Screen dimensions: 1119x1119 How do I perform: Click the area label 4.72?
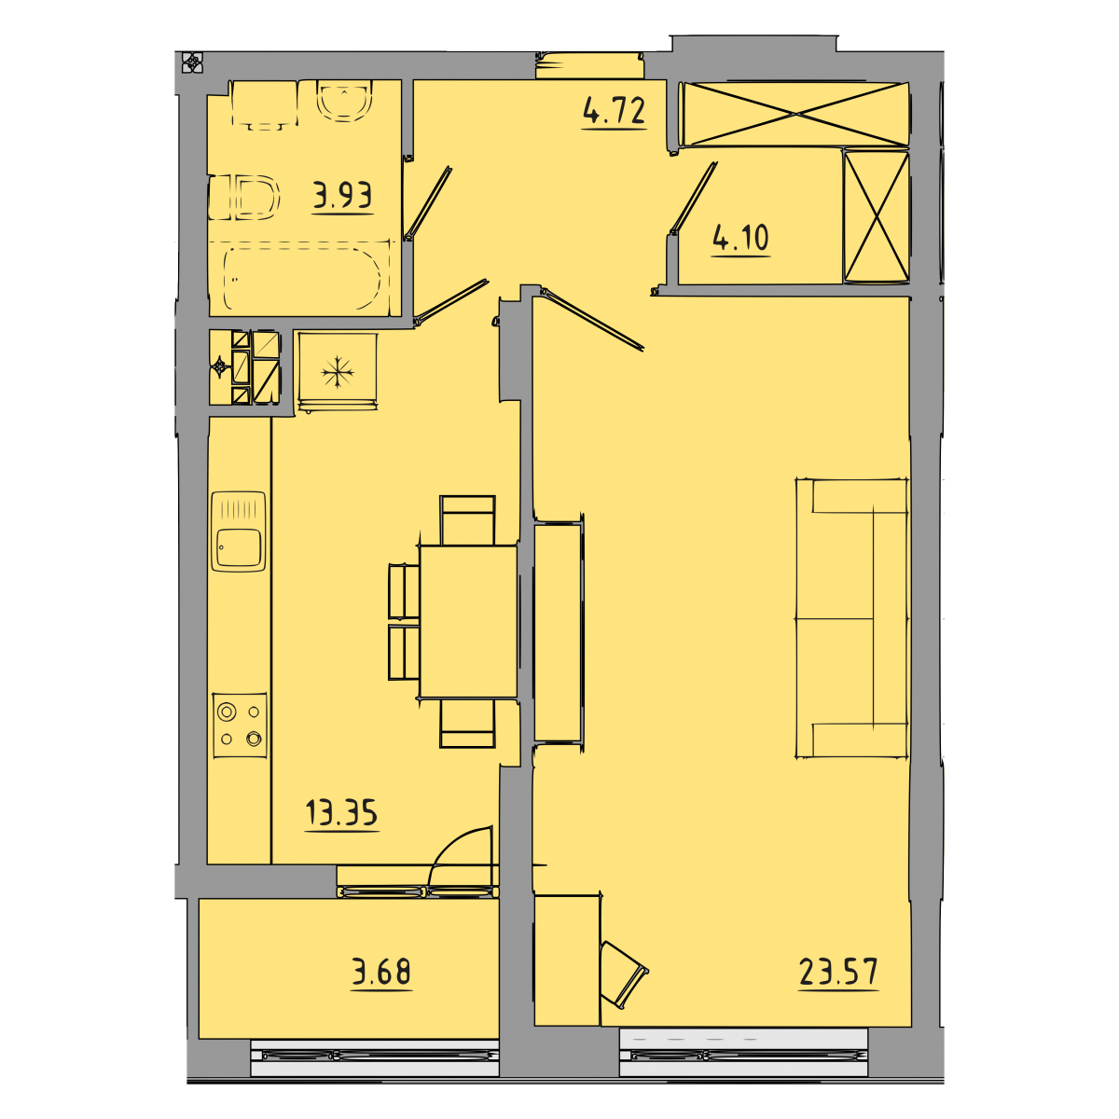tap(615, 111)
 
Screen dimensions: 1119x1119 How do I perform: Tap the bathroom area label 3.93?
tap(342, 195)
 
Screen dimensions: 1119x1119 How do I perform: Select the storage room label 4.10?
tap(740, 238)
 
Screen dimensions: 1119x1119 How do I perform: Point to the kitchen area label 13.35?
tap(341, 812)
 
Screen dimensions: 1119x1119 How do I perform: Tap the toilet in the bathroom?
tap(244, 198)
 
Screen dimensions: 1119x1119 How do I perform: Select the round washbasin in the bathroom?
tap(344, 101)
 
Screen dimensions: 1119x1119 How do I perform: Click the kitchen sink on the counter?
tap(239, 532)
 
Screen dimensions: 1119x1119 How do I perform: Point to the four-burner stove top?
tap(240, 725)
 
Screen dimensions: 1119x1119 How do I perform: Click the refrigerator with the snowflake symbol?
tap(338, 372)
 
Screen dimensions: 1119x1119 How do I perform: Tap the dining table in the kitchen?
tap(467, 621)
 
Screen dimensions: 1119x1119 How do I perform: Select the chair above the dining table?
tap(467, 520)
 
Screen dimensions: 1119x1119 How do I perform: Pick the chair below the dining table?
tap(467, 723)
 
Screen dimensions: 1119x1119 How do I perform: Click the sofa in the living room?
tap(851, 618)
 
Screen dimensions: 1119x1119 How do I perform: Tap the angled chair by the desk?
tap(623, 974)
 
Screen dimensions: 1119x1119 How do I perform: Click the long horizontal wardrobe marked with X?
tap(795, 114)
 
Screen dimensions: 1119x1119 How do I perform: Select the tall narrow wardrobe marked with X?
tap(876, 217)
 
